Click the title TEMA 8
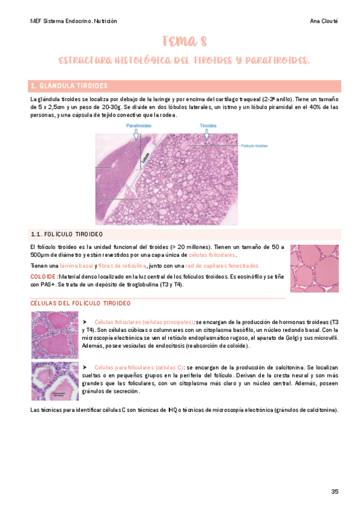tap(185, 41)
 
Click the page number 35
tap(335, 491)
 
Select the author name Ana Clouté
tap(325, 21)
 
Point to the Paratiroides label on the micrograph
tap(139, 126)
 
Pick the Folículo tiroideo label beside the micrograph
tap(255, 146)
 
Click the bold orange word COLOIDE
tap(42, 277)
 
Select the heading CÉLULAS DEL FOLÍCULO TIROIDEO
tap(80, 303)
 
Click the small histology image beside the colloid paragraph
tap(314, 268)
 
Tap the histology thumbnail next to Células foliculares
tap(54, 334)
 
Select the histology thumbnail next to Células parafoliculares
tap(54, 381)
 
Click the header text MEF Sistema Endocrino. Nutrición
tap(73, 21)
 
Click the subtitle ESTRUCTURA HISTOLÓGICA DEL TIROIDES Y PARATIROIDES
tap(185, 61)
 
